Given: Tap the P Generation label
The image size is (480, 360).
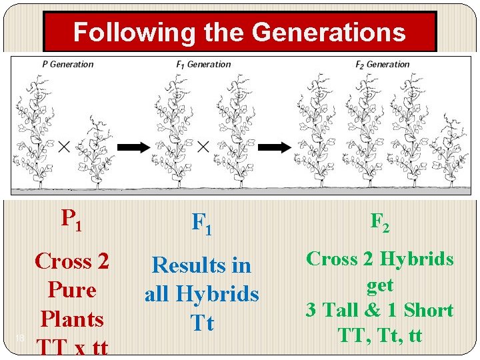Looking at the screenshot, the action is pos(67,64).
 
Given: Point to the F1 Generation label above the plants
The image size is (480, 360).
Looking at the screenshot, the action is pos(203,64).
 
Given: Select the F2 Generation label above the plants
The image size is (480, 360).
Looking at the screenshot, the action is pos(382,64).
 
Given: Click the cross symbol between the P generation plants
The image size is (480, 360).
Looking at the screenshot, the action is pos(64,147).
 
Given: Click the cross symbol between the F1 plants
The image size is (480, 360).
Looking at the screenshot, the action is pos(204,147).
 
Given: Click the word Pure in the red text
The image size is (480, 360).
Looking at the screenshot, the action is pos(72,290).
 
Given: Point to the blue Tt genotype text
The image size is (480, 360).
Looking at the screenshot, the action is pos(202,323).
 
